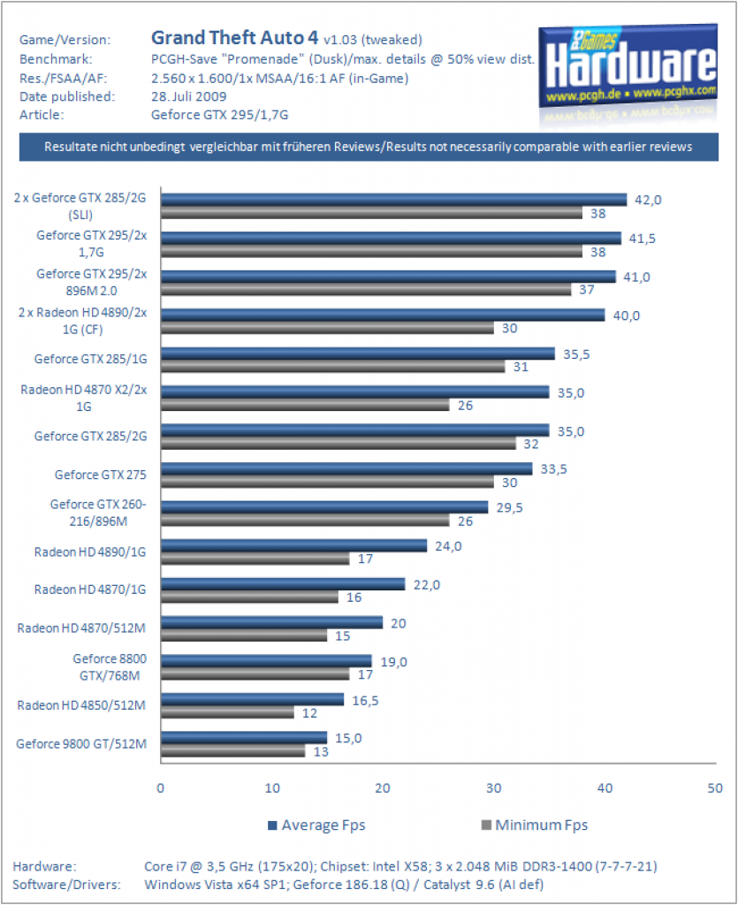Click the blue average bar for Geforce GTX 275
click(x=346, y=468)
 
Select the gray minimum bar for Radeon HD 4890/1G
click(x=255, y=559)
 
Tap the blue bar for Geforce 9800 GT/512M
click(x=244, y=738)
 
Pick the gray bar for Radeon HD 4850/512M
click(x=227, y=713)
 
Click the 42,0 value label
click(x=648, y=201)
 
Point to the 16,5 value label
click(x=365, y=701)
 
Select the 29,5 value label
click(x=509, y=508)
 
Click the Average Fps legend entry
click(x=316, y=825)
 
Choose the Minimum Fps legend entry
click(x=535, y=825)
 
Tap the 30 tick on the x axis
click(x=493, y=788)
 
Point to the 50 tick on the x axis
click(x=715, y=788)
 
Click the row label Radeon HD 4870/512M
click(x=81, y=628)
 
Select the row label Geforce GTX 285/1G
click(x=90, y=359)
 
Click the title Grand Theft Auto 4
click(x=234, y=38)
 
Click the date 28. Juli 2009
click(x=188, y=96)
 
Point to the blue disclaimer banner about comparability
click(x=369, y=148)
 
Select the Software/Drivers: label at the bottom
click(x=66, y=885)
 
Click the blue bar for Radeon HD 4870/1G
click(x=284, y=584)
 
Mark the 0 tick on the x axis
click(x=160, y=788)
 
